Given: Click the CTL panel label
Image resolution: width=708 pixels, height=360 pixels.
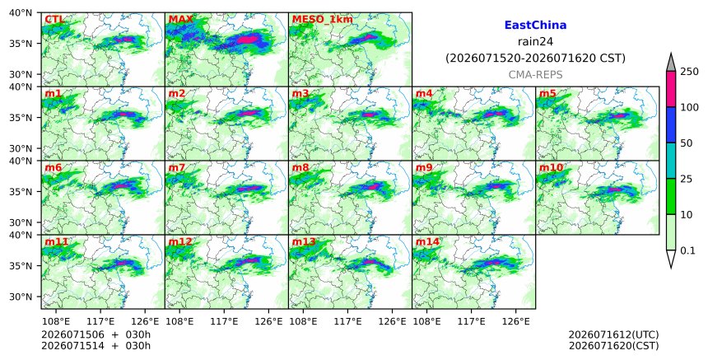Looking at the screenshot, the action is coord(54,19).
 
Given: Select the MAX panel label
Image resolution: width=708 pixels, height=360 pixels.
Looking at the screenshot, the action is coord(180,19).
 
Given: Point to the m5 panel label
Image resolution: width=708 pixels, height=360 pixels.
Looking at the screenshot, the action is coord(547,93).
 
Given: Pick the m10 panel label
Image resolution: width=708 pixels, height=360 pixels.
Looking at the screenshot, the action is coord(551,167).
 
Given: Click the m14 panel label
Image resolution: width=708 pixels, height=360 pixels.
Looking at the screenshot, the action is coord(427,241).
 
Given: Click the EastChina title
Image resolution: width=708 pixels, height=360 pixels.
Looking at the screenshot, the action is coord(535,25).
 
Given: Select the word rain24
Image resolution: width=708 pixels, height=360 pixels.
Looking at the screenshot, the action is coord(535,41).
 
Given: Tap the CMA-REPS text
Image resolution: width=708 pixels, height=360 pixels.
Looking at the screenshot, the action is coord(535,74).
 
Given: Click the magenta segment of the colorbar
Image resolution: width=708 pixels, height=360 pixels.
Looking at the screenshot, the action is coord(670,89).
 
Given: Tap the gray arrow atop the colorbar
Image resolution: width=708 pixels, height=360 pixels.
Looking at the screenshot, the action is coord(670,63).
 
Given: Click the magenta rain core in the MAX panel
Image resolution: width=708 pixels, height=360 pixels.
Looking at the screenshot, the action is coord(247,40).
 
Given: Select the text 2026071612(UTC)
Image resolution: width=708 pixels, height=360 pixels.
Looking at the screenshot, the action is coord(613,334).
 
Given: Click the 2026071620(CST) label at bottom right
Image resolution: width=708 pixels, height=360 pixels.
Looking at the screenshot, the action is coord(613,346).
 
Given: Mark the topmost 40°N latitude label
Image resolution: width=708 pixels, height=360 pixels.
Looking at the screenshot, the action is coord(21,12).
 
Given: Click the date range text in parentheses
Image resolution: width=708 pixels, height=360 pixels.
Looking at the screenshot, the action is coord(535,58).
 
